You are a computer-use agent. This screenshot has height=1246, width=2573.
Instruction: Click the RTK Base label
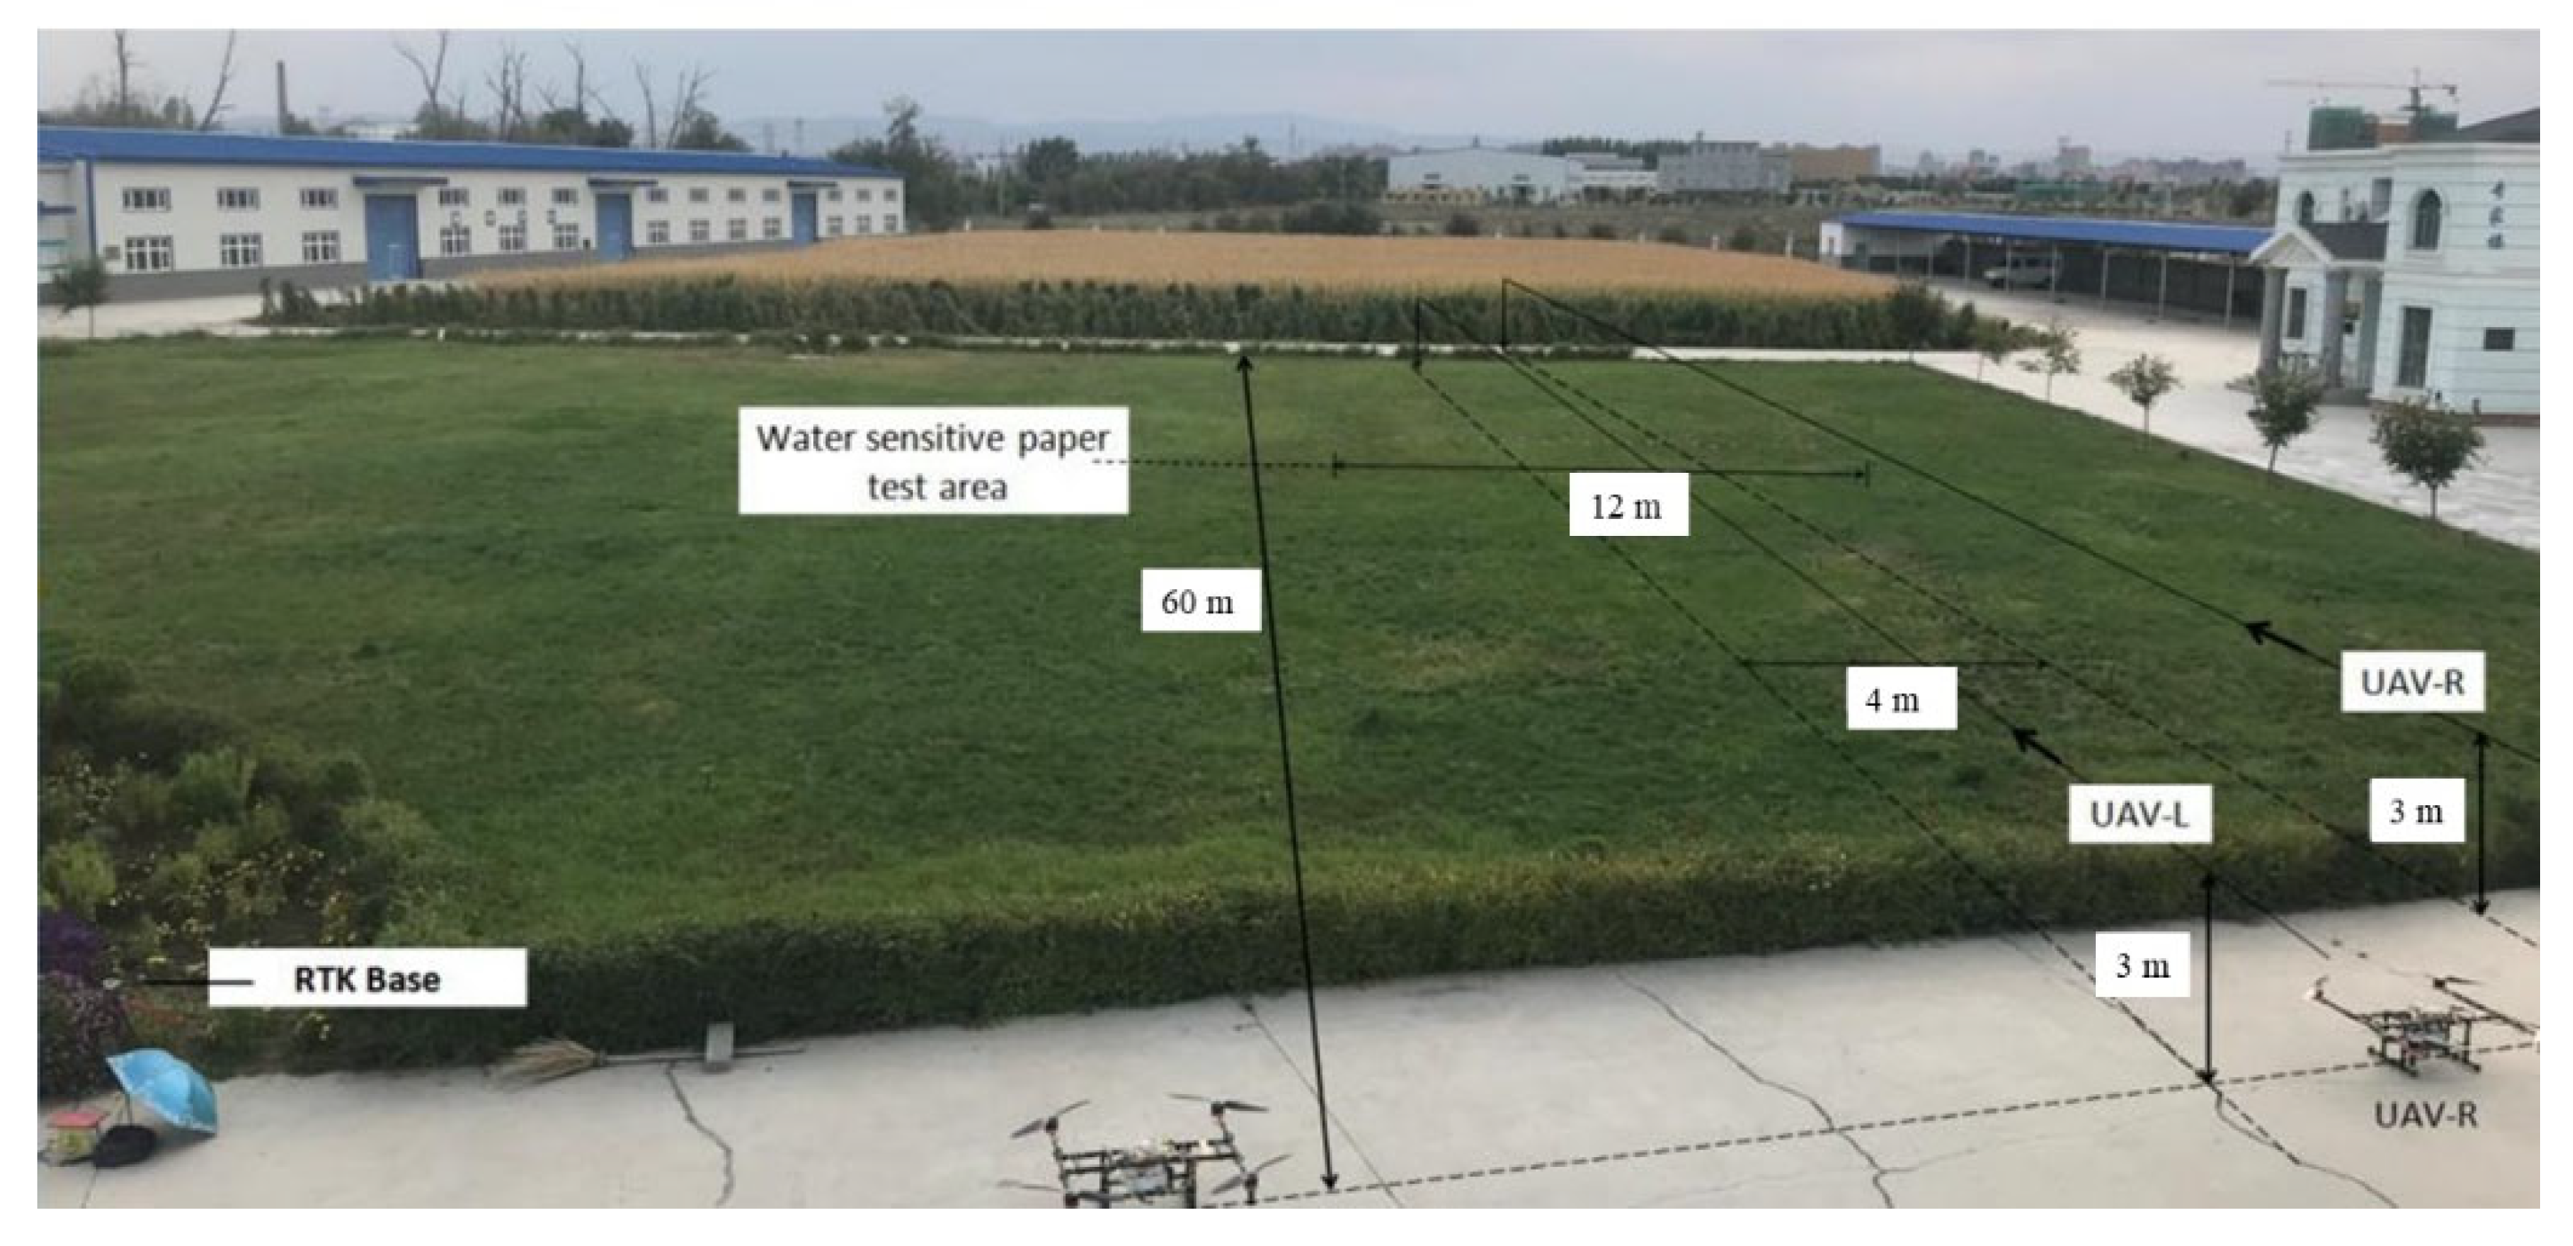(366, 978)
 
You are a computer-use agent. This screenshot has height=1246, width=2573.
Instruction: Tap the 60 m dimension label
(1200, 601)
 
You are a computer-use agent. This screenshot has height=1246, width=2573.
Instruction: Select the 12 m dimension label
(1627, 505)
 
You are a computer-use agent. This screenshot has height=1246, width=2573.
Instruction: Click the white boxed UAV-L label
(2138, 814)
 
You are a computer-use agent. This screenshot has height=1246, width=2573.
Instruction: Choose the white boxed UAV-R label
(2411, 682)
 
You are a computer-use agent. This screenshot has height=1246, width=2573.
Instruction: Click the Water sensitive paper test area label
(933, 460)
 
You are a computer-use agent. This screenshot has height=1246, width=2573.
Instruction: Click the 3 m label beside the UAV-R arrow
(2415, 811)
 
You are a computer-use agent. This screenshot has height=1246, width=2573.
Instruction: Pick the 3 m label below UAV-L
(2143, 965)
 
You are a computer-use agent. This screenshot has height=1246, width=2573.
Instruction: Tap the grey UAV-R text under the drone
(2425, 1114)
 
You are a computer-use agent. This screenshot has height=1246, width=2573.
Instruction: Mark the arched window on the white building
(2426, 220)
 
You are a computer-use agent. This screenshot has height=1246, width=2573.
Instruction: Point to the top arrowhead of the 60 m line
(1243, 363)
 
